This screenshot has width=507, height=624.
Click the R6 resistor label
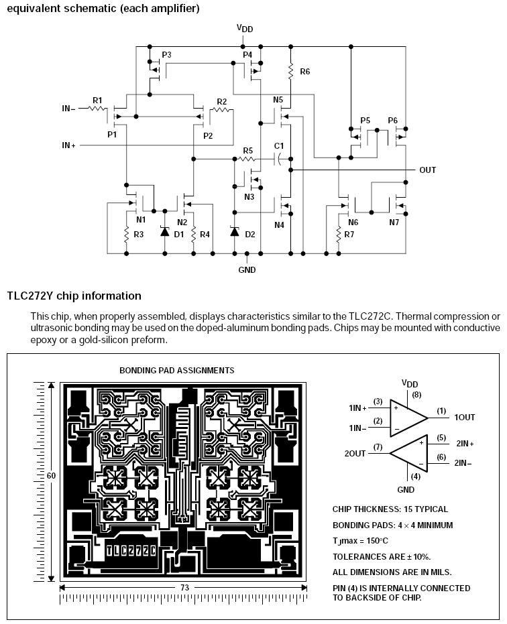pos(305,71)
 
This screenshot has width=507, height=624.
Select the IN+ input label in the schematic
pos(68,145)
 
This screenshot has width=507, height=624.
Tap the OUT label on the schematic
pos(428,170)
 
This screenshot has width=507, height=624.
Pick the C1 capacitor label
pos(279,145)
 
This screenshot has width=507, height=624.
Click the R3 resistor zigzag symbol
pos(126,235)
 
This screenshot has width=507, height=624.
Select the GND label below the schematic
pos(247,270)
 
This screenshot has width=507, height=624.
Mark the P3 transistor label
pos(167,54)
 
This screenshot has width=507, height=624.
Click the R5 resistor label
pos(248,150)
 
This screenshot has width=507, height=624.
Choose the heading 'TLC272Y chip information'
pos(74,296)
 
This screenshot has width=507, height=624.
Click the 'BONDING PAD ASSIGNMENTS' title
pos(177,370)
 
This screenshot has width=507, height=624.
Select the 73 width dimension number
pos(183,587)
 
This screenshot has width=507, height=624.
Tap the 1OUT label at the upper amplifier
pos(465,417)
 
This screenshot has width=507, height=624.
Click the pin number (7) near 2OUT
pos(378,446)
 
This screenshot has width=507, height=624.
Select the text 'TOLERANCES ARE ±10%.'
pos(382,556)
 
